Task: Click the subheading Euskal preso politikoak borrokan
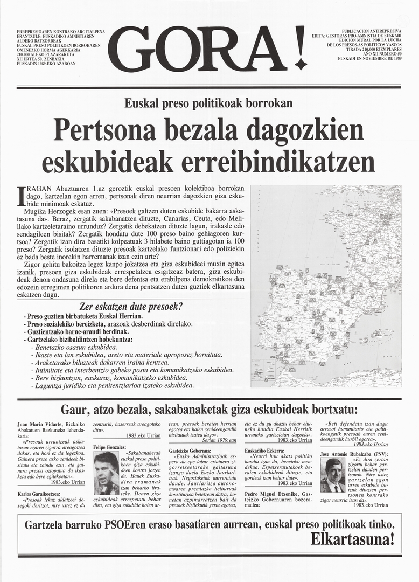(x=208, y=102)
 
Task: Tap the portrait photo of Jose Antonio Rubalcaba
(x=332, y=475)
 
